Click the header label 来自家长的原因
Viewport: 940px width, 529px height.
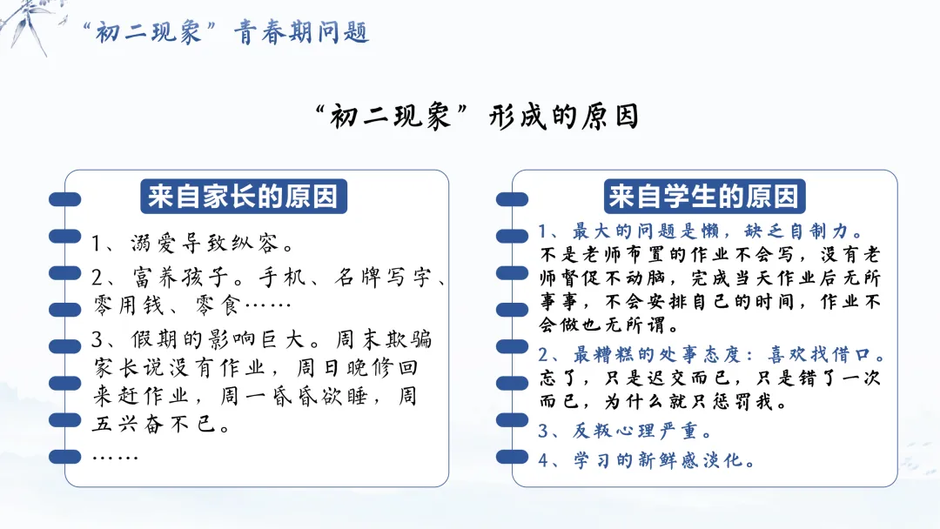244,197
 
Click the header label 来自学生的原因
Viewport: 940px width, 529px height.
704,197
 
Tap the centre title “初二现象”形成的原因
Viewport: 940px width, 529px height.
477,117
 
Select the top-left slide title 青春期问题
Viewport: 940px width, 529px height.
301,32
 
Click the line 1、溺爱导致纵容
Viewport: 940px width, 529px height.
191,244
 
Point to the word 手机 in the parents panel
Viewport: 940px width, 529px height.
282,277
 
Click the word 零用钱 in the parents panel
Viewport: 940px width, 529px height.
128,305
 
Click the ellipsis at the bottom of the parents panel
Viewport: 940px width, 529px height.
115,458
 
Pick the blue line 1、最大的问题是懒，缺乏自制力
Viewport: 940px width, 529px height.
701,231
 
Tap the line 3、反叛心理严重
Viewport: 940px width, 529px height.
623,431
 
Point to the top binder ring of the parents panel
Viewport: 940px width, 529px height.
64,199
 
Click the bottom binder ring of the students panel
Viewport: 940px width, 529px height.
512,457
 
